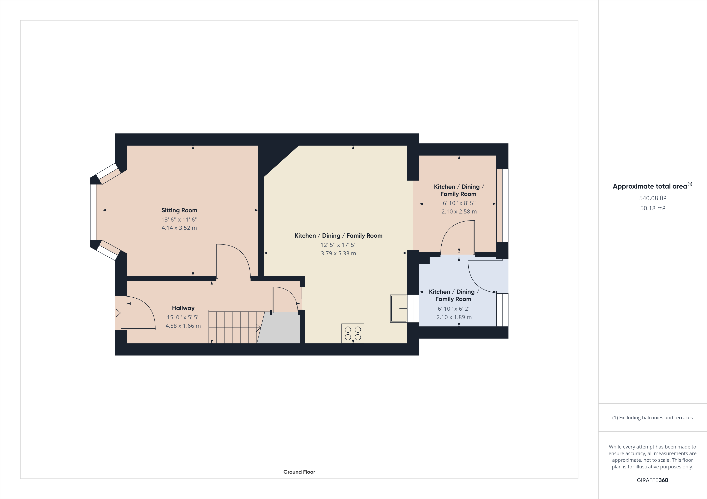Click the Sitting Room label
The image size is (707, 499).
pyautogui.click(x=179, y=210)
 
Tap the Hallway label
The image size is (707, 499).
pyautogui.click(x=183, y=308)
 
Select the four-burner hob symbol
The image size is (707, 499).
pyautogui.click(x=353, y=333)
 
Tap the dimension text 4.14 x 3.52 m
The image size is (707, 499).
pyautogui.click(x=179, y=228)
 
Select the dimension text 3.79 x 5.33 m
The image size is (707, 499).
pyautogui.click(x=338, y=253)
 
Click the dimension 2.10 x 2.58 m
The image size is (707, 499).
pyautogui.click(x=459, y=211)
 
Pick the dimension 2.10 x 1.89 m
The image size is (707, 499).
pyautogui.click(x=454, y=317)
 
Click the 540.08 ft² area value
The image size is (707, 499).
pyautogui.click(x=652, y=198)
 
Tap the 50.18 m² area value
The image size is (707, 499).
pyautogui.click(x=652, y=208)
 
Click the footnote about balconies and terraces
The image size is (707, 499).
pyautogui.click(x=652, y=418)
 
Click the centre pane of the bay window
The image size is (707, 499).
pyautogui.click(x=93, y=212)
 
